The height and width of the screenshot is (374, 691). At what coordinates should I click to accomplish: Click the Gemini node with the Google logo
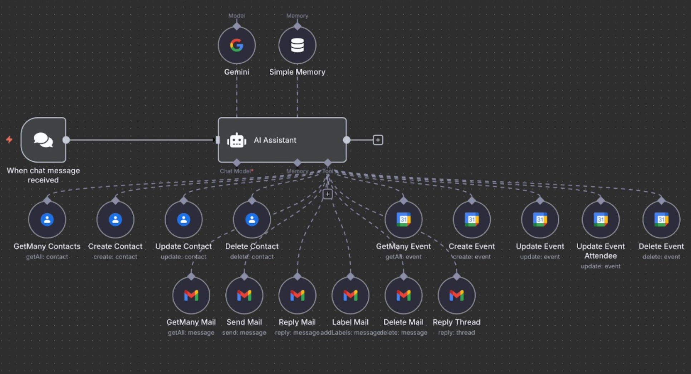coord(236,45)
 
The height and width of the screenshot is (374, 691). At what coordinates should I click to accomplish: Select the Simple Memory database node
coord(297,45)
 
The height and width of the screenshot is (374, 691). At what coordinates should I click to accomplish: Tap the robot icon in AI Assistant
coord(236,140)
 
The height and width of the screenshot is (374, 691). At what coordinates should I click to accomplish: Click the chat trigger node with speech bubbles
coord(43,140)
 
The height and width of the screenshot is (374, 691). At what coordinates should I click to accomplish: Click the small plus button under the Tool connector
coord(327,194)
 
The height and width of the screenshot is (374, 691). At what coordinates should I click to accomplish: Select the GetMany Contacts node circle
coord(47,219)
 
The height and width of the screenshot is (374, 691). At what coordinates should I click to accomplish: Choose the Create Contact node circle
coord(115,219)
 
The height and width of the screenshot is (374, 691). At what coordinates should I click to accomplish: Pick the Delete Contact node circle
coord(252,219)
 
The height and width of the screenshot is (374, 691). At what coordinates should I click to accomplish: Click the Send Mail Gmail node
coord(244,295)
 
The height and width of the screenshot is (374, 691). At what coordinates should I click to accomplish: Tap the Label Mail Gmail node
coord(350,295)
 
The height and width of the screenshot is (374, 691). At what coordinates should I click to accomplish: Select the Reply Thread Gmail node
coord(456,295)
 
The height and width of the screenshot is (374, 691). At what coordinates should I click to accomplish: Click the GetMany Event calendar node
coord(403,219)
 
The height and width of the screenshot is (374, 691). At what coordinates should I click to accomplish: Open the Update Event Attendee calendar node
coord(601,219)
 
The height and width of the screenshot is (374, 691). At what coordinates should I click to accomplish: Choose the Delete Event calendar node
coord(661,219)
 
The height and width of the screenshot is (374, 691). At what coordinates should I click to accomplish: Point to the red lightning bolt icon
coord(9,139)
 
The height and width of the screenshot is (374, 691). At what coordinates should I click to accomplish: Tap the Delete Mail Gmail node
coord(403,295)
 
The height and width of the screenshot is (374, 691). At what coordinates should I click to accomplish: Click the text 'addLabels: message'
coord(350,332)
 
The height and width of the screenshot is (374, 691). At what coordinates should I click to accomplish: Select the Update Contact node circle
coord(183,219)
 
